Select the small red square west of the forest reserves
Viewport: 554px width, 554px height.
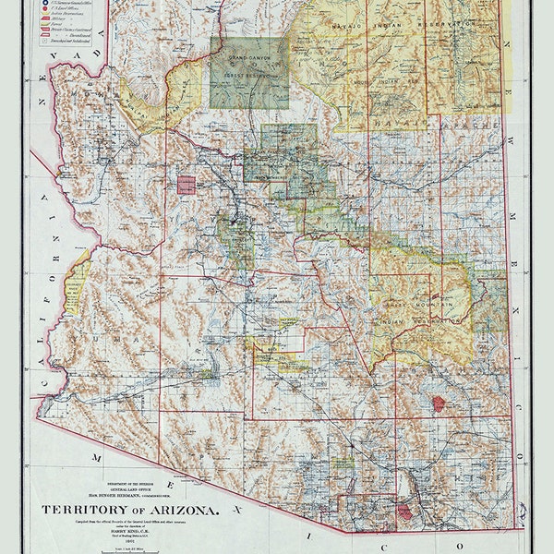(x=187, y=185)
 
